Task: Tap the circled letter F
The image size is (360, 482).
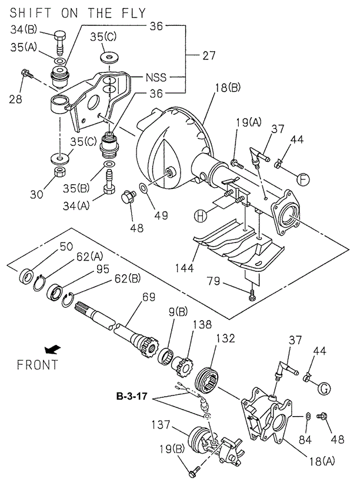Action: click(302, 177)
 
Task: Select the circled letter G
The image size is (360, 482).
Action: click(324, 388)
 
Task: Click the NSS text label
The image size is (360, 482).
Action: click(156, 77)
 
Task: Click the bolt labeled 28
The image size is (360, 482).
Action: click(27, 74)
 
